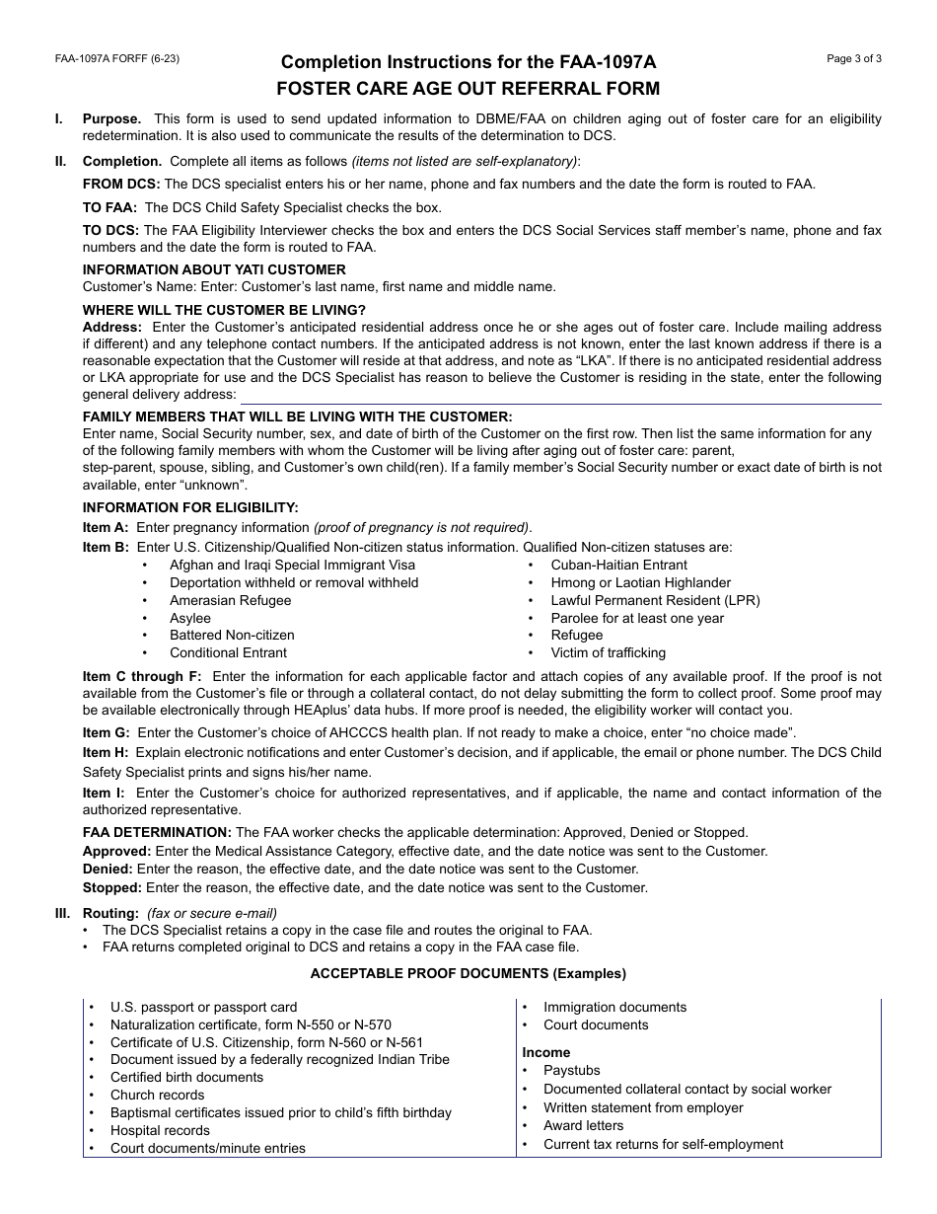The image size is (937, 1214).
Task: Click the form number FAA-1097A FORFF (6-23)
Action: (116, 59)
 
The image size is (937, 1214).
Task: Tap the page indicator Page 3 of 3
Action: (854, 59)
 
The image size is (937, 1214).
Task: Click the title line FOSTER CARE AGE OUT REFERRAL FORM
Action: (468, 89)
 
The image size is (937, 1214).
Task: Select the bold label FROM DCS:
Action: (121, 184)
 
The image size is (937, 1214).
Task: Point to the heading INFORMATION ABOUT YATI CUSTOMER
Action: (214, 269)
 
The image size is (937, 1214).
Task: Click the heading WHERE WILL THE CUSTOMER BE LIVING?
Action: (224, 310)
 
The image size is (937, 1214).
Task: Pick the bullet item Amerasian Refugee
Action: (230, 600)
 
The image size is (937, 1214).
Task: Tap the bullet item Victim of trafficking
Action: (608, 652)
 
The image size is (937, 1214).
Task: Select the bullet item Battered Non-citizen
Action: (232, 635)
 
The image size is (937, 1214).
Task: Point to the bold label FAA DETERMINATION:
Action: (157, 832)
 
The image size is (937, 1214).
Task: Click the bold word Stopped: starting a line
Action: (111, 887)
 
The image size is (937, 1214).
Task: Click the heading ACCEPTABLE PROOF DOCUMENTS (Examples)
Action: (468, 973)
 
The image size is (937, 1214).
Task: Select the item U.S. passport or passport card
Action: (203, 1007)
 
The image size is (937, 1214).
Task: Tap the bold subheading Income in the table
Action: (546, 1052)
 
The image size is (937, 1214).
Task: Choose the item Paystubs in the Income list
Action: (571, 1070)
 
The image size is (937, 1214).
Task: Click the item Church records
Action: (157, 1095)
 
